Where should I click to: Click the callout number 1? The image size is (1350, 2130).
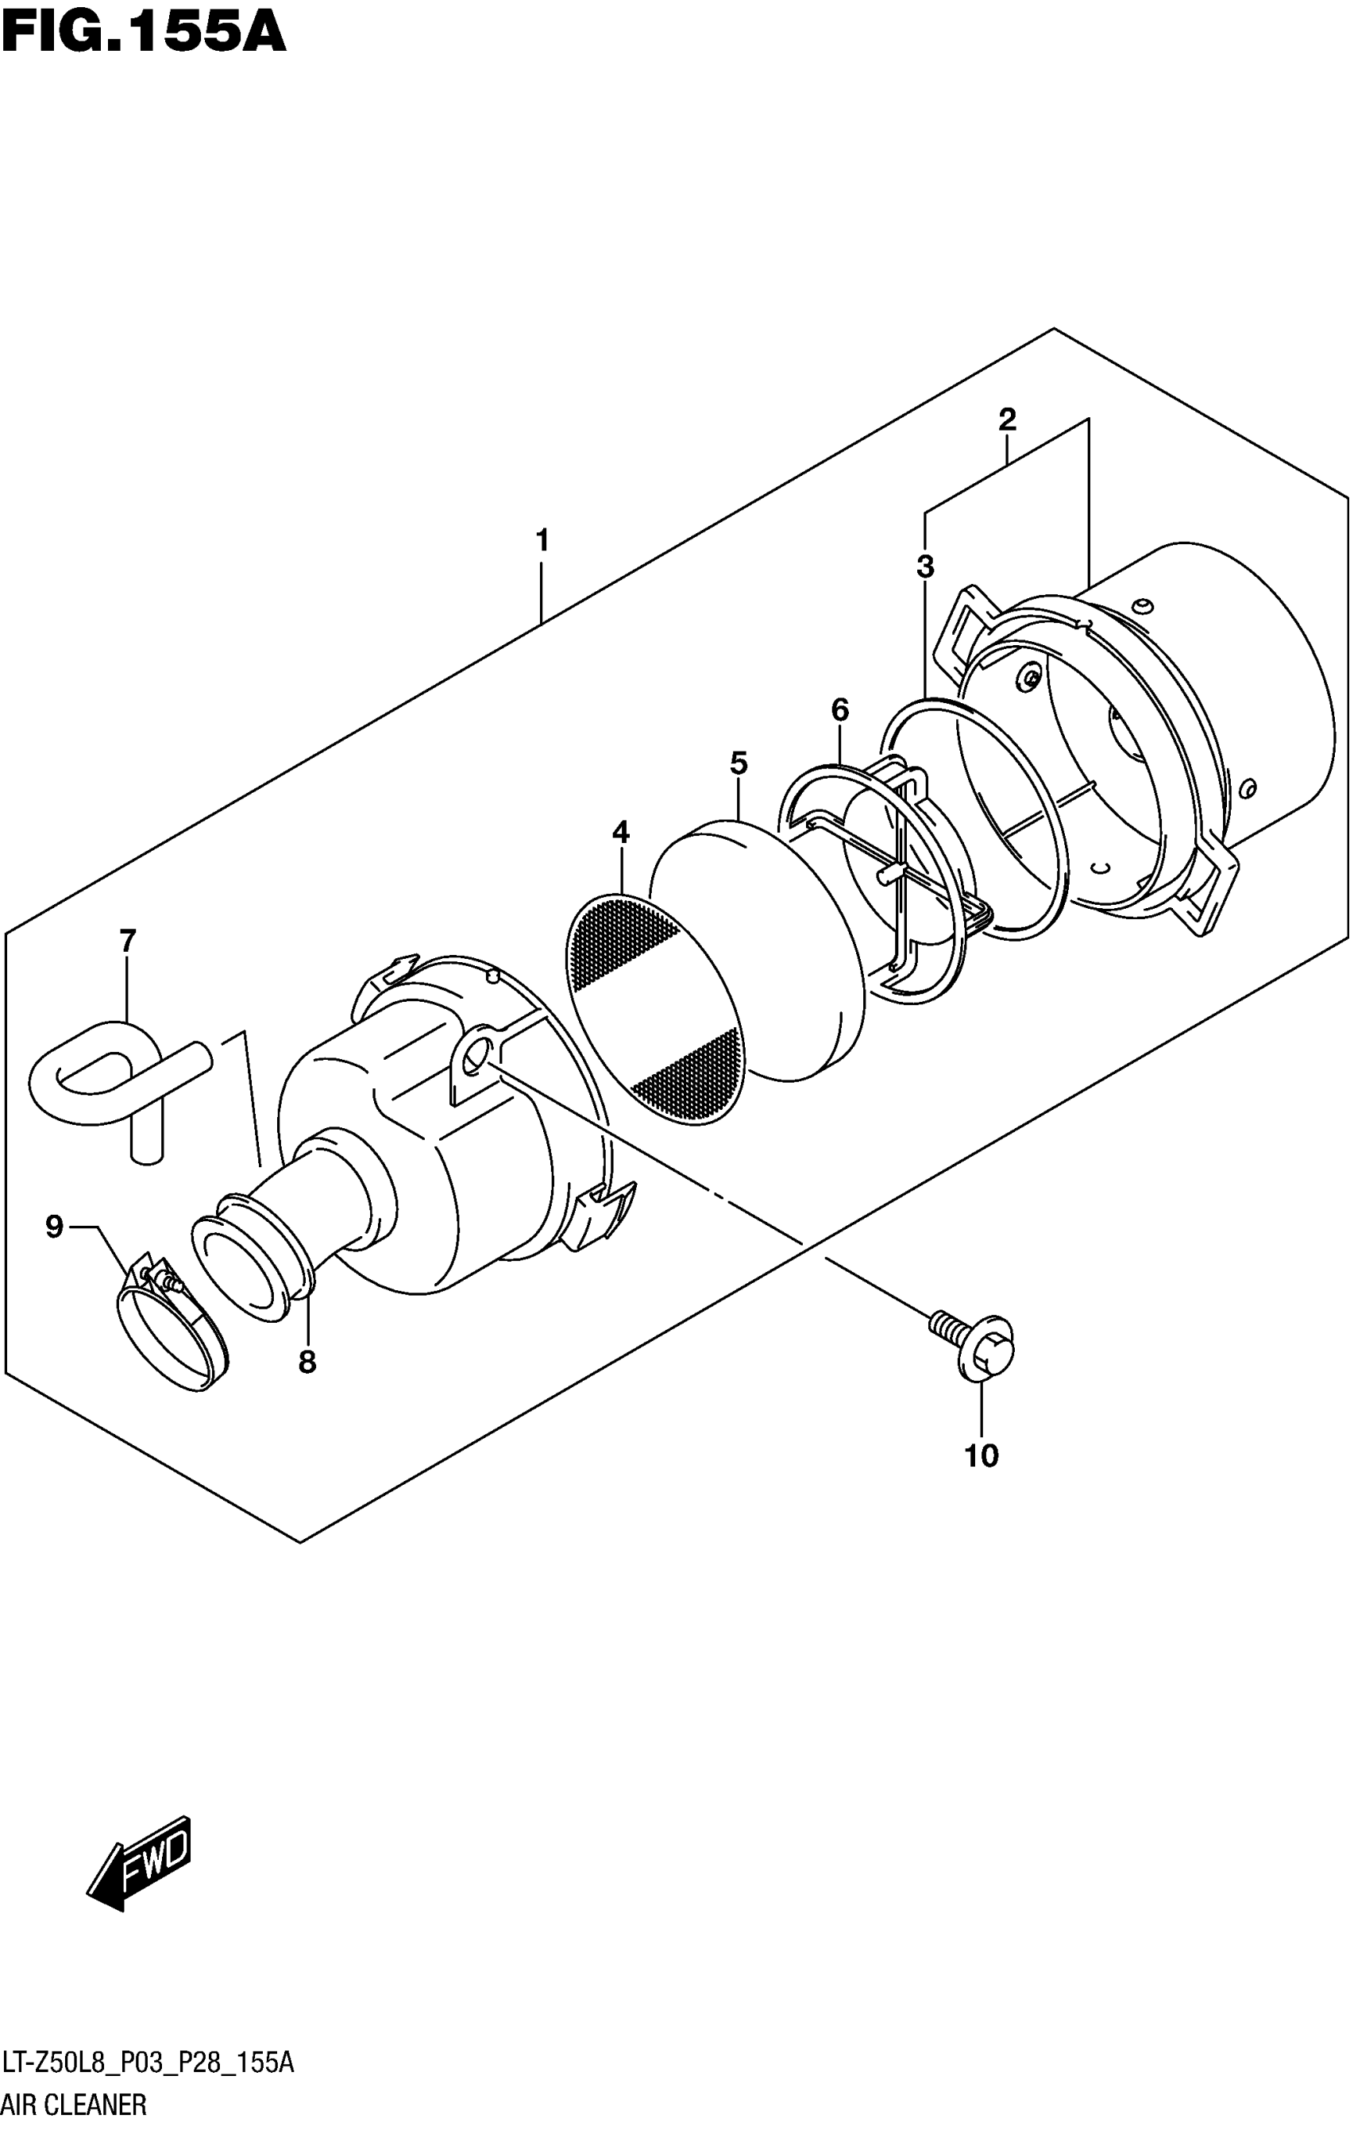542,540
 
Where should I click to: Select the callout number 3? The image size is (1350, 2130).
925,566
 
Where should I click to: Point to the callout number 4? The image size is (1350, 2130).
621,833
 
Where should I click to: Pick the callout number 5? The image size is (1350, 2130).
739,763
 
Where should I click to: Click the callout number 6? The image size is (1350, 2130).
839,709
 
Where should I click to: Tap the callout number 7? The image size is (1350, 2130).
128,941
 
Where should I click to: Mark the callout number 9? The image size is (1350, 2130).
55,1227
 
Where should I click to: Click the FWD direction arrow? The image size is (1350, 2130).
141,1858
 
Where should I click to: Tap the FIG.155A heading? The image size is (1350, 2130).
143,33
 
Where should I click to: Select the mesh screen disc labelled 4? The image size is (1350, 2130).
654,1009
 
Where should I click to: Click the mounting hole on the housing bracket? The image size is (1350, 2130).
475,1053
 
